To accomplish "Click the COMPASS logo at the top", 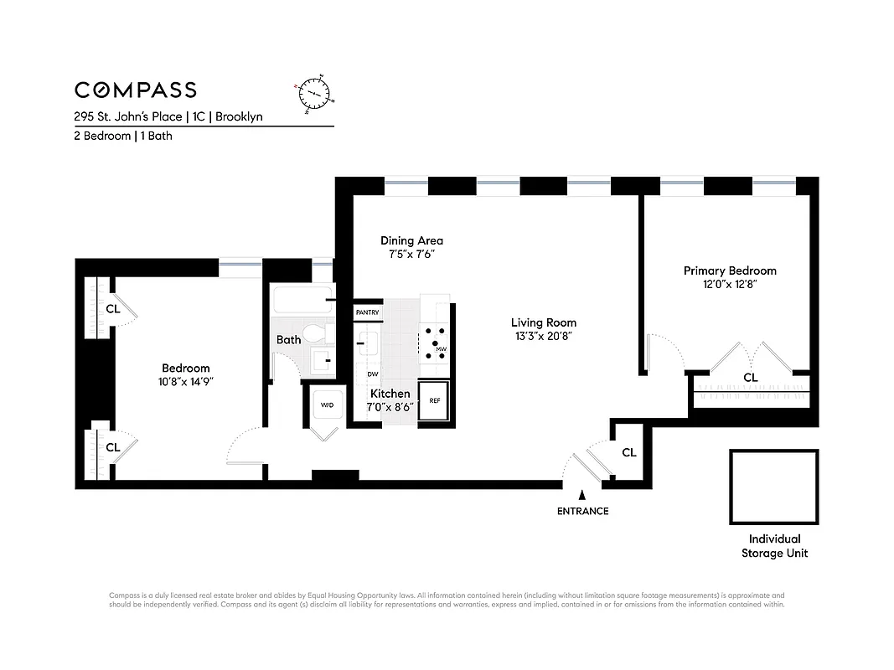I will (136, 90).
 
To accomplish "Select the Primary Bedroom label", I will (729, 271).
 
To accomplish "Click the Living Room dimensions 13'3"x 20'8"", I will (544, 337).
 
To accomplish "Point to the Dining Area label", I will (411, 241).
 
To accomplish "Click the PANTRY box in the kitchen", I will (367, 312).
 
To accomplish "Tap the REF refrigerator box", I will (434, 400).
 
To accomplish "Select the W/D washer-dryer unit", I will (326, 405).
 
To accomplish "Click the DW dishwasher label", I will (372, 374).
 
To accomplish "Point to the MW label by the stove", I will (441, 348).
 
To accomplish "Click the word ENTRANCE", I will (582, 511).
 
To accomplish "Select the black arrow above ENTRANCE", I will (582, 497).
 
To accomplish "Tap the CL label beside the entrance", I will (628, 453).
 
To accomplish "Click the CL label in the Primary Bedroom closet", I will (750, 378).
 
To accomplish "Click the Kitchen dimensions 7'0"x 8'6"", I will (390, 408).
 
